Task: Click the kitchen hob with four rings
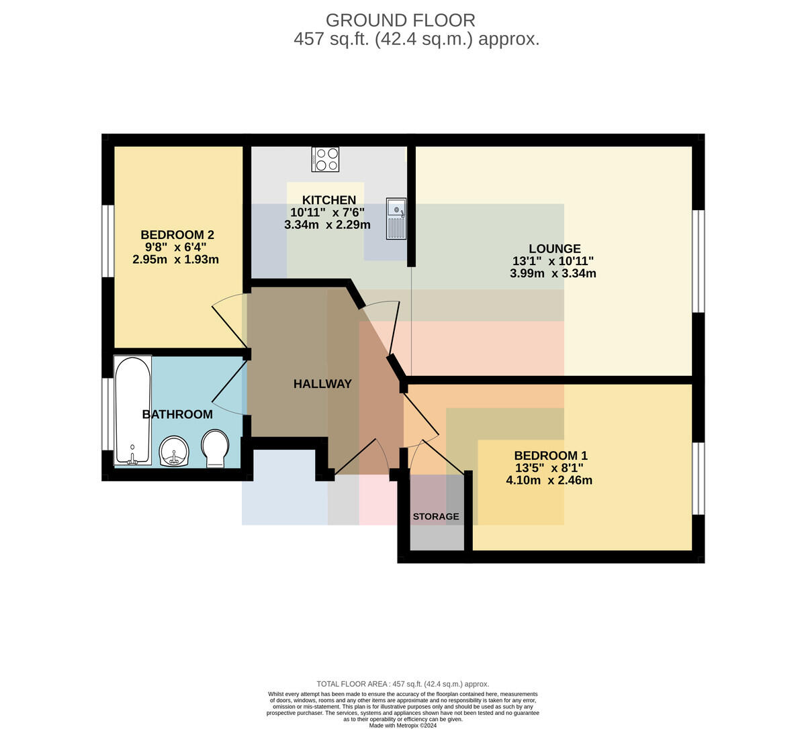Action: [x=325, y=159]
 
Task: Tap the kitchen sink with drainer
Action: [x=396, y=219]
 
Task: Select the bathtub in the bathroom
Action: [x=133, y=409]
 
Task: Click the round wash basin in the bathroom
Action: [x=174, y=451]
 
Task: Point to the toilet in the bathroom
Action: [x=216, y=448]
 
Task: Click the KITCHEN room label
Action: [x=328, y=200]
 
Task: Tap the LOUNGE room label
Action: [x=555, y=248]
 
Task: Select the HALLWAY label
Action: [x=322, y=384]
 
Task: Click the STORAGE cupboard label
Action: [x=435, y=516]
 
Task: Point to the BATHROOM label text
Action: [x=177, y=414]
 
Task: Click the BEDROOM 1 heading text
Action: [x=551, y=456]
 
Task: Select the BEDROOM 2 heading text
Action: [x=177, y=234]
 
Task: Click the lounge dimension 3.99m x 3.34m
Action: [x=553, y=273]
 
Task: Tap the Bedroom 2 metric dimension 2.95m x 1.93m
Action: [x=175, y=260]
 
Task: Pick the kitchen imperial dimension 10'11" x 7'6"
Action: [x=328, y=212]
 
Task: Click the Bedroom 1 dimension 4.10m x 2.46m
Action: [x=549, y=481]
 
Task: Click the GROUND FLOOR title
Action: [x=400, y=21]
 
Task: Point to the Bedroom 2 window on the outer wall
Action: [x=108, y=241]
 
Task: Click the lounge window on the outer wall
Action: [x=699, y=261]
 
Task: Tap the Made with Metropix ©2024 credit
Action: [x=402, y=726]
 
